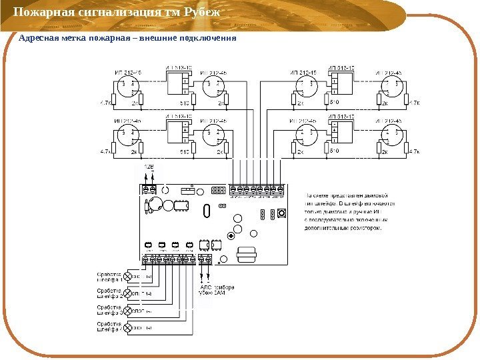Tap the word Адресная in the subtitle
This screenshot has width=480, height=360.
point(37,39)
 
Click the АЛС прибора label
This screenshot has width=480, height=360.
point(216,287)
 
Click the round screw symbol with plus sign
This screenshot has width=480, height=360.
point(231,235)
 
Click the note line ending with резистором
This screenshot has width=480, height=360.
point(343,227)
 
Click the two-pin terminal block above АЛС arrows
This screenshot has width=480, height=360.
point(205,259)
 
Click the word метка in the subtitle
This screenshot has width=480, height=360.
point(76,39)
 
